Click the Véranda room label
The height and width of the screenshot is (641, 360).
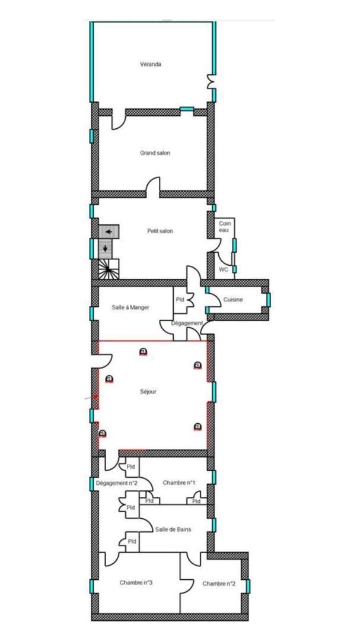click(x=151, y=64)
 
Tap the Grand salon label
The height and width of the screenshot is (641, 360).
click(x=155, y=153)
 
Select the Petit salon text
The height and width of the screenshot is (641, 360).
click(x=160, y=231)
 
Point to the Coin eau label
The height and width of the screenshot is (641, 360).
click(x=224, y=227)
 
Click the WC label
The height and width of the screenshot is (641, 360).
click(x=223, y=269)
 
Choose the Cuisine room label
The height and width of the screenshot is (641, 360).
click(x=233, y=300)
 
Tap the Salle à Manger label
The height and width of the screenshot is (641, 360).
click(x=130, y=308)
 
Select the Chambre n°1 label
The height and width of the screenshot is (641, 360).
click(x=179, y=483)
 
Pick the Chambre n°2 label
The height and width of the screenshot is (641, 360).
click(x=219, y=584)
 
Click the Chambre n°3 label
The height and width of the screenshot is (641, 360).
click(x=136, y=583)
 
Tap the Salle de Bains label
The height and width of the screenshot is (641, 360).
click(x=173, y=529)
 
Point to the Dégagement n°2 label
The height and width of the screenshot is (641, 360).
click(x=116, y=483)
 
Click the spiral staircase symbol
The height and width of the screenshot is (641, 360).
click(x=109, y=269)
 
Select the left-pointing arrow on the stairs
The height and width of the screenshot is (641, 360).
click(x=109, y=232)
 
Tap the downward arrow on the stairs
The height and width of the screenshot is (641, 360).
click(x=106, y=248)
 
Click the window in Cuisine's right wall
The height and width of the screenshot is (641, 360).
click(x=269, y=300)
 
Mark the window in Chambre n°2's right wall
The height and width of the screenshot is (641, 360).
click(x=248, y=586)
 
